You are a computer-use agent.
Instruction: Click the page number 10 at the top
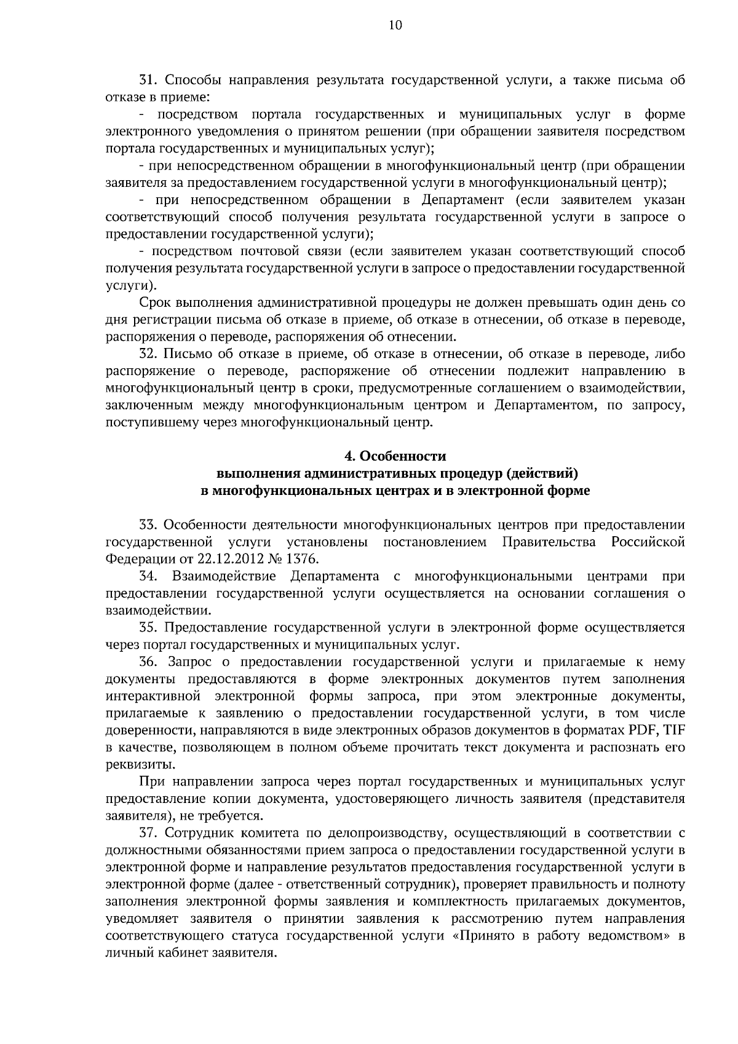pos(395,25)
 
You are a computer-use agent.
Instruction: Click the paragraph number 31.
pos(149,80)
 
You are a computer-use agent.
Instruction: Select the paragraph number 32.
pos(149,354)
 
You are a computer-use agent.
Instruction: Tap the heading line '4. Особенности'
pos(395,456)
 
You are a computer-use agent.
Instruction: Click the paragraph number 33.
pos(149,525)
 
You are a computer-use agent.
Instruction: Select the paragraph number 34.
pos(149,577)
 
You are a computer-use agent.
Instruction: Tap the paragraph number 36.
pos(149,662)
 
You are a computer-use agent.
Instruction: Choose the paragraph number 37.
pos(149,834)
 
